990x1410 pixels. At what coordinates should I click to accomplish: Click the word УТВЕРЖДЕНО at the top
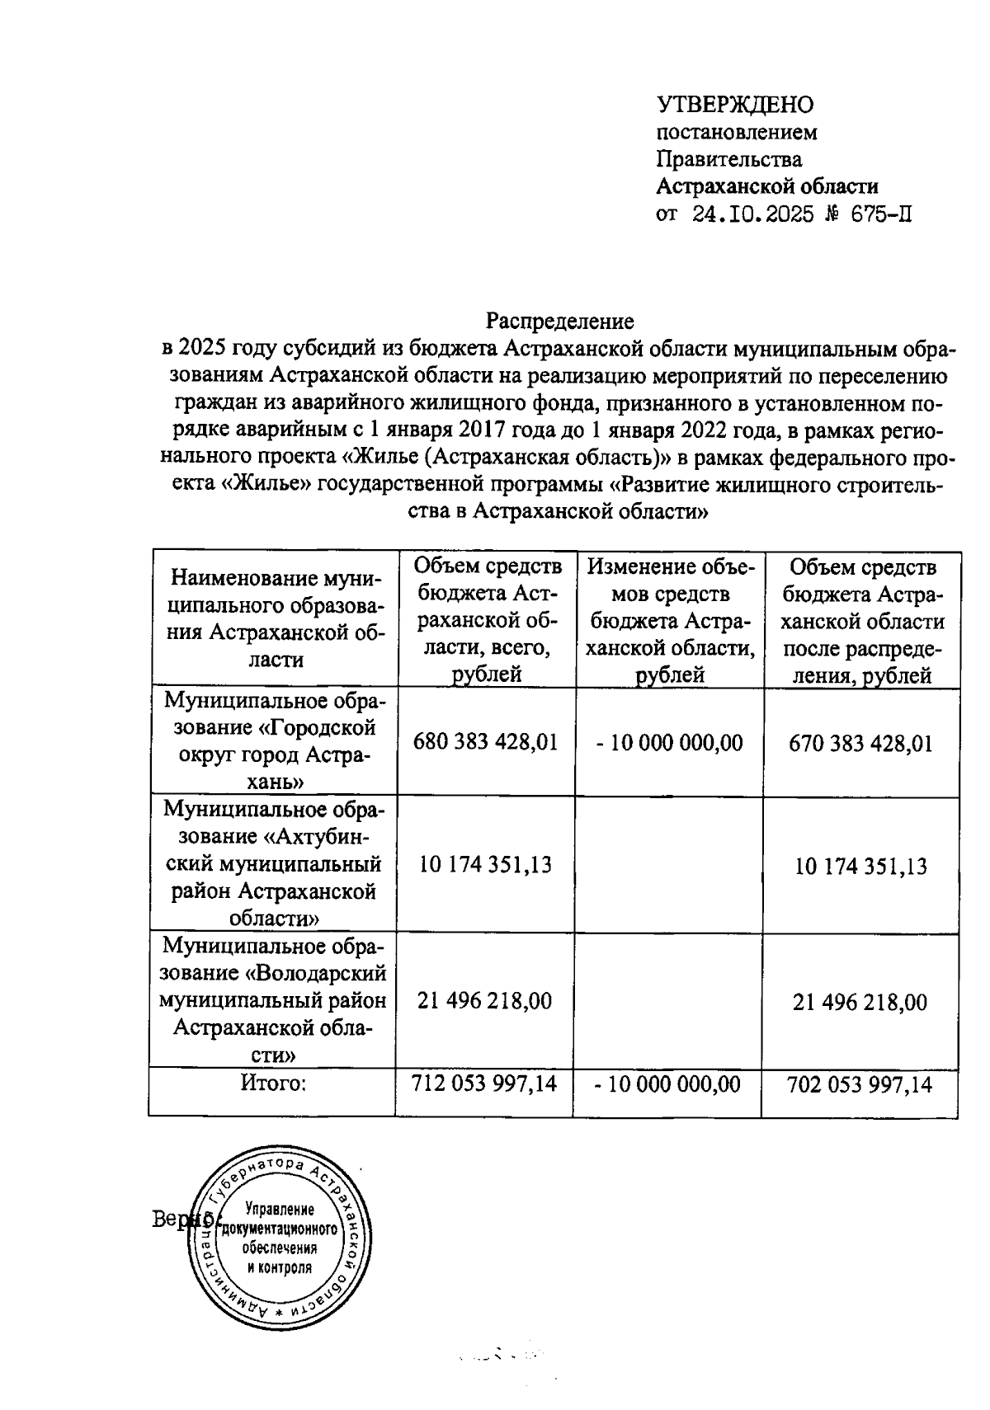[734, 105]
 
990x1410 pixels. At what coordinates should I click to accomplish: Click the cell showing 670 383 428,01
[860, 743]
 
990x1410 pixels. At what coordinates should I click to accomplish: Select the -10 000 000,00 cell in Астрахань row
[669, 742]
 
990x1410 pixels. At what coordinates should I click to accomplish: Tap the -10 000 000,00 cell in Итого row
[667, 1083]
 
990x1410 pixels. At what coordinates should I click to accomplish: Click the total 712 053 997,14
[484, 1083]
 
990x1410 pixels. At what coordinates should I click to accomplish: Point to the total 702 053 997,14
[860, 1084]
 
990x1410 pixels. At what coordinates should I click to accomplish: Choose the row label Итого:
[273, 1083]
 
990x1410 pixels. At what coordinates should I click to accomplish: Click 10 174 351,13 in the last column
[860, 866]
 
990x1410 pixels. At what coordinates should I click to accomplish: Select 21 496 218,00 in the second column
[484, 1001]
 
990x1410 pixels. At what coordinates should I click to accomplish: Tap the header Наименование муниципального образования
[273, 618]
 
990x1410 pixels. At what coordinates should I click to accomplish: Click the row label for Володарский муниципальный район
[273, 1000]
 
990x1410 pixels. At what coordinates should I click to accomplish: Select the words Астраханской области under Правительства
[767, 186]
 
